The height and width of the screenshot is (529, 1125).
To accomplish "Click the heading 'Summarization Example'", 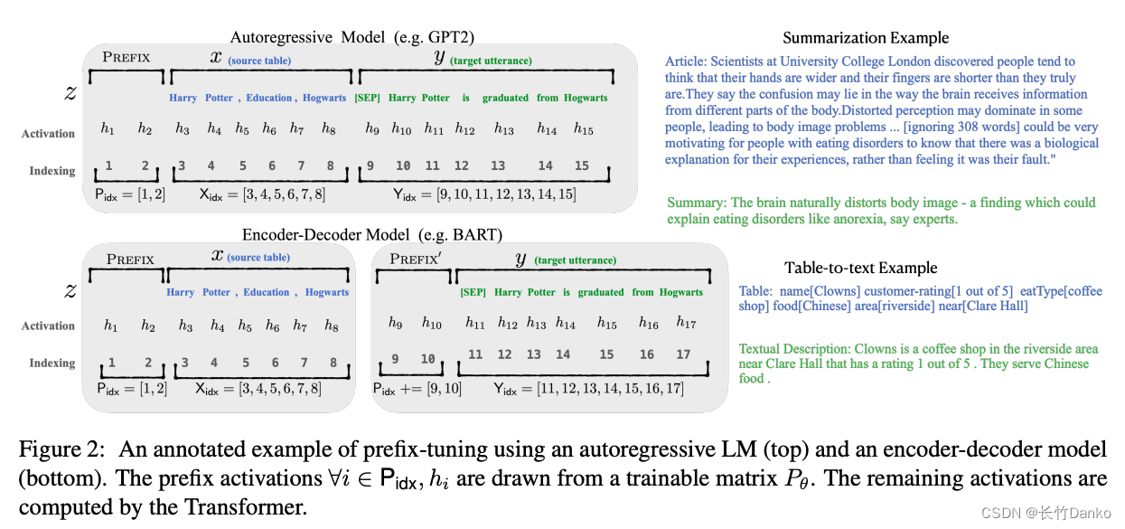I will coord(866,38).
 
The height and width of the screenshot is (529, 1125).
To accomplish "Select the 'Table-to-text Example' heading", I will coord(860,268).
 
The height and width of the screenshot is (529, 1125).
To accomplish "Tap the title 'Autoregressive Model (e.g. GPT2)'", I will coord(352,37).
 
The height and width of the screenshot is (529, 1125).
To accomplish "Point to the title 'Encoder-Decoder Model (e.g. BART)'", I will coord(371,235).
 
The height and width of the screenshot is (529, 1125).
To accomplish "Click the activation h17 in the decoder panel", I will coord(686,323).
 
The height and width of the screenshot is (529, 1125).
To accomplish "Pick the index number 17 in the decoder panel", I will coord(683,355).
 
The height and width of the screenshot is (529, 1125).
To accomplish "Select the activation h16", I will coord(648,323).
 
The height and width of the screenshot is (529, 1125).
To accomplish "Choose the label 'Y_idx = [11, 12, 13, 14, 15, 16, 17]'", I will coord(588,389).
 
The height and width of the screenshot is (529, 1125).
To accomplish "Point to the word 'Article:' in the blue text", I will coord(687,62).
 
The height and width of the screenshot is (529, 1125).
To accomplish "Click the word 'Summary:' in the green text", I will coord(696,203).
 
